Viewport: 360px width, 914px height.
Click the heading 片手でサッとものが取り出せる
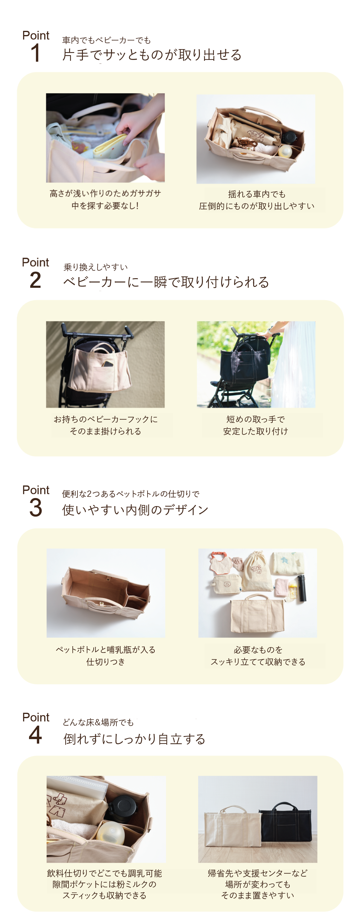click(x=152, y=55)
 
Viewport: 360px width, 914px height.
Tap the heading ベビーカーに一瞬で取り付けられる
click(x=166, y=282)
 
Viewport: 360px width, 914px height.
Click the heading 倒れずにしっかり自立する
click(x=134, y=739)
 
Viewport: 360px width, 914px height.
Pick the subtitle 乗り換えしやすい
click(x=95, y=267)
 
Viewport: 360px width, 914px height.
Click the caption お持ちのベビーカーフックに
click(x=105, y=419)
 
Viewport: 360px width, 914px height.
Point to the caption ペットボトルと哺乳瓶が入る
click(x=106, y=650)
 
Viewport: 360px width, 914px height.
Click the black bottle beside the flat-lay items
click(x=302, y=588)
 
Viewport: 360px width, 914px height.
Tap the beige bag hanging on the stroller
click(x=100, y=367)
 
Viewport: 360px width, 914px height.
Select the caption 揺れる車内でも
click(x=257, y=194)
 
